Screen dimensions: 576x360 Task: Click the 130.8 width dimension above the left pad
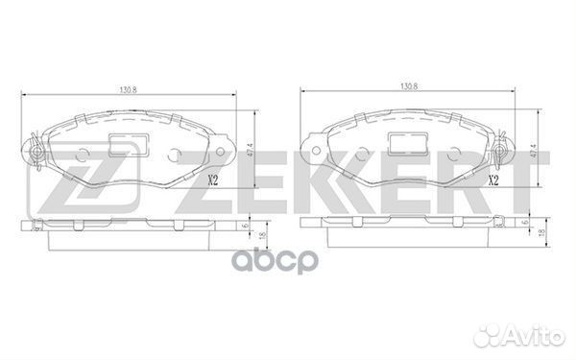[129, 89]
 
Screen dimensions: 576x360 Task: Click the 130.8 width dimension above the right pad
[409, 86]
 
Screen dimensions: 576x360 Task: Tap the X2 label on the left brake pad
[213, 180]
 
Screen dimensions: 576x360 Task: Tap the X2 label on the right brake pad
[493, 180]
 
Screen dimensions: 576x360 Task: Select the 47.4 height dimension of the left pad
[251, 150]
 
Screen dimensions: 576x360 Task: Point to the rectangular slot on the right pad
[408, 144]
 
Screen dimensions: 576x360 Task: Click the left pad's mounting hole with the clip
[36, 152]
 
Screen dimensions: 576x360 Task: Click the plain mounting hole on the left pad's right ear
[221, 151]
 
